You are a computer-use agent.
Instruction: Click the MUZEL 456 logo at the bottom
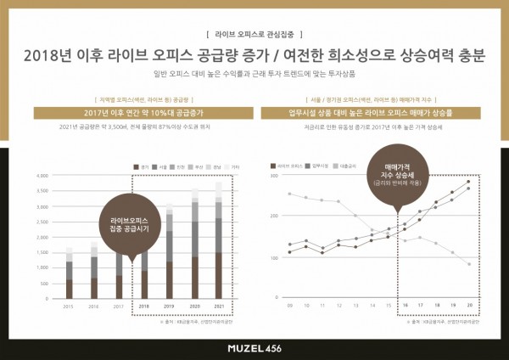pyautogui.click(x=255, y=348)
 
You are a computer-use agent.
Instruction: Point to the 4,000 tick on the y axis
pyautogui.click(x=42, y=176)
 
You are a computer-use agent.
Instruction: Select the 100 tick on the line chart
pyautogui.click(x=273, y=257)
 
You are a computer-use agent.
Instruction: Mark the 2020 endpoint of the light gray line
pyautogui.click(x=468, y=264)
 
